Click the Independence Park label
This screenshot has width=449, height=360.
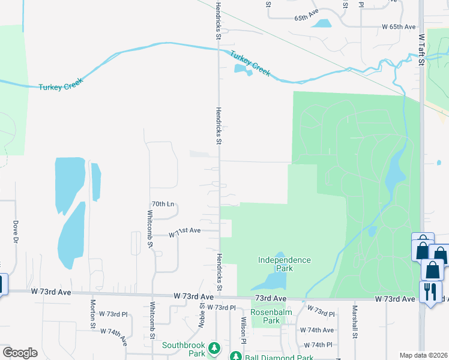point(285,264)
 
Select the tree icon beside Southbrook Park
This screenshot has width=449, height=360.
point(214,347)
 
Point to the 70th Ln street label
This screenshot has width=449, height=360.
point(162,204)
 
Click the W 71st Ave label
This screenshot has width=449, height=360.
point(185,231)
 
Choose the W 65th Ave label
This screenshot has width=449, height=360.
point(399,27)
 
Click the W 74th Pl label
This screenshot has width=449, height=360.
point(318,345)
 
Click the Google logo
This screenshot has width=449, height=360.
point(20,353)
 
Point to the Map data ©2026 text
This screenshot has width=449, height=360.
point(423,355)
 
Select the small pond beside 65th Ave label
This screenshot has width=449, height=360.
point(322,23)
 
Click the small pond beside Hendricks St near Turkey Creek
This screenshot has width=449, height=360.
point(243,71)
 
